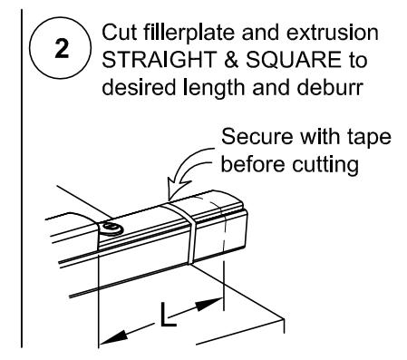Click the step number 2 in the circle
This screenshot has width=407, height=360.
coord(62,48)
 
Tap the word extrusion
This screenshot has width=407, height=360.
coord(332,32)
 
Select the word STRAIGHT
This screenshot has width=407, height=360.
coord(159,59)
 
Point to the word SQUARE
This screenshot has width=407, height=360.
coord(294,60)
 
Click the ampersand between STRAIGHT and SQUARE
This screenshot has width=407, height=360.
coord(230,60)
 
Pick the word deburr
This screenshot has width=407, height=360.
coord(330,87)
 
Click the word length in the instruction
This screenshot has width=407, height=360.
coord(215,89)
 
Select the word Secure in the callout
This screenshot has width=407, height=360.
coord(257,136)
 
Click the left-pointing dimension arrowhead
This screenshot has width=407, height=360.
coord(112,337)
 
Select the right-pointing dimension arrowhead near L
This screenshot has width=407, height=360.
coord(209,304)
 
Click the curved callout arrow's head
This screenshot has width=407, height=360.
coord(178,189)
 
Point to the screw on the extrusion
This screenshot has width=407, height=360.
coord(111,229)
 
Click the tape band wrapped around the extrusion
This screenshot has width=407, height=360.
coord(184,230)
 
